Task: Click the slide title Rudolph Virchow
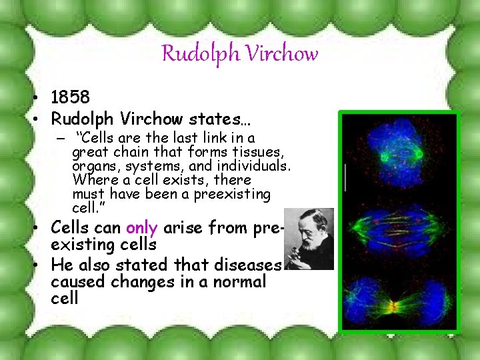click(240, 53)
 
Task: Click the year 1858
click(71, 98)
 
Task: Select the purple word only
click(141, 228)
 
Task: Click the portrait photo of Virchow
click(307, 239)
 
